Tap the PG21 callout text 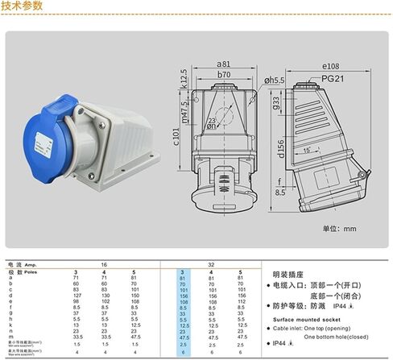332,78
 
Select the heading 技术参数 22,6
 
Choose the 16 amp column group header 102,264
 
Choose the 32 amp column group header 212,264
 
